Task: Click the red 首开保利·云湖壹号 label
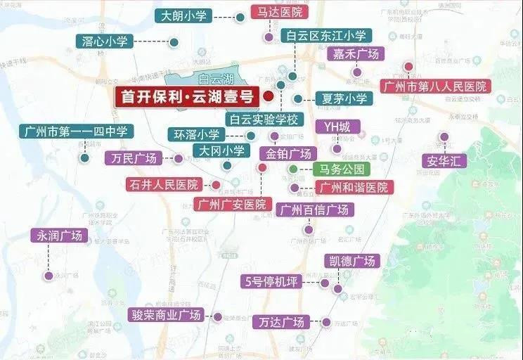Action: point(187,97)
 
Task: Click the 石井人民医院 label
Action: point(164,185)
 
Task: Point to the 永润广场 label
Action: point(60,236)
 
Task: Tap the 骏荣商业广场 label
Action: point(166,314)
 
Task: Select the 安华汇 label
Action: point(445,161)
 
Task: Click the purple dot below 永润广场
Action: point(49,276)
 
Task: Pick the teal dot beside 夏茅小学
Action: point(298,99)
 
